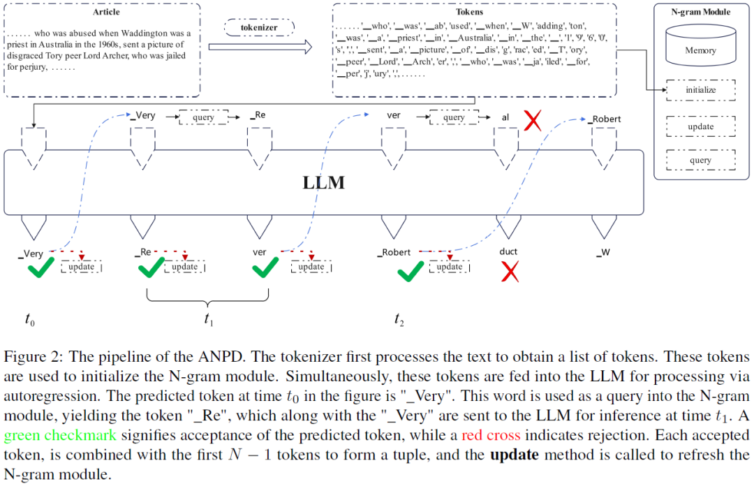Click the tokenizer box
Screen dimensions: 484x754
[260, 28]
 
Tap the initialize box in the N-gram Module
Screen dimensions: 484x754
[700, 90]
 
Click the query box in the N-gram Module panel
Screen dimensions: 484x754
[700, 160]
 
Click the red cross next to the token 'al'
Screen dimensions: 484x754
[533, 122]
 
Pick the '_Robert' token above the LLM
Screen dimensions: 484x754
[605, 119]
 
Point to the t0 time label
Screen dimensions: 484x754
[29, 320]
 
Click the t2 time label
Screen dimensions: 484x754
[399, 320]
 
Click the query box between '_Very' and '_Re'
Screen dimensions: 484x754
[203, 117]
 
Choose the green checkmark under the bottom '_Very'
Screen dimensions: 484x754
[40, 269]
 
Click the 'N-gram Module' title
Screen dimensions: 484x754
[700, 12]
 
